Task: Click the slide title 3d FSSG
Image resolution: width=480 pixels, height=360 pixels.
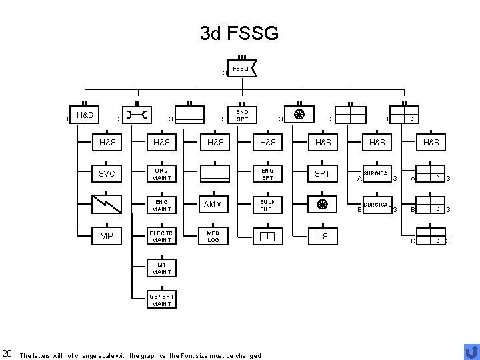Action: pos(239,33)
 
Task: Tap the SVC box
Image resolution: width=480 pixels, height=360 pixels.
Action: pos(107,174)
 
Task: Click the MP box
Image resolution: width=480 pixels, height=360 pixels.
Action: pos(107,237)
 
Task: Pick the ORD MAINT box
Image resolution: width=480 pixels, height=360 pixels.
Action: pos(161,174)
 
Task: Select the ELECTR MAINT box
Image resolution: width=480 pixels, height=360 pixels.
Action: pos(161,237)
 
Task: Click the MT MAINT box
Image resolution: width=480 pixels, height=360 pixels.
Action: pos(161,268)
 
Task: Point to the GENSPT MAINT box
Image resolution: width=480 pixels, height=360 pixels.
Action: pos(161,299)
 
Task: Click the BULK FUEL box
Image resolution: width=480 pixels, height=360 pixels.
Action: pos(269,205)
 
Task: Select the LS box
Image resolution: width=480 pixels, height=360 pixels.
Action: pos(323,237)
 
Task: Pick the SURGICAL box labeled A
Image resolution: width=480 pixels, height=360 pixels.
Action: pos(377,175)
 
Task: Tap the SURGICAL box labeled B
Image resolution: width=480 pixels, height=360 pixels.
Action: pos(377,206)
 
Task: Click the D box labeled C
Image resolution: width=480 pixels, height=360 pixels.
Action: pos(430,237)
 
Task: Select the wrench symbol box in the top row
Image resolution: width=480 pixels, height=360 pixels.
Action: pos(137,115)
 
